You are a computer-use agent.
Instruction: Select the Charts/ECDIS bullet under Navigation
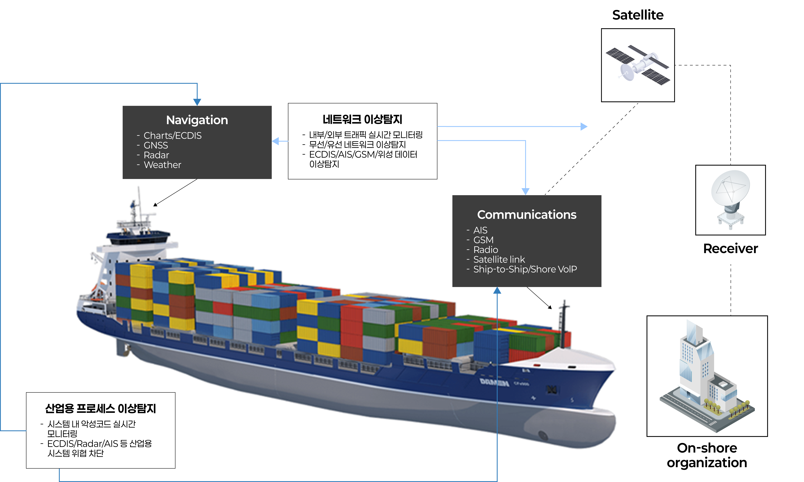tap(172, 135)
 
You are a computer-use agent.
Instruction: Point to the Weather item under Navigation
tap(162, 165)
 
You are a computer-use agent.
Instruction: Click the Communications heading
tap(527, 215)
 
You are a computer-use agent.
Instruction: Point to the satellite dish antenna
tap(731, 198)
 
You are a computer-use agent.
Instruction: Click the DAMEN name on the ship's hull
tap(494, 382)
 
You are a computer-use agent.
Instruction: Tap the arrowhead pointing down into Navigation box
tap(197, 102)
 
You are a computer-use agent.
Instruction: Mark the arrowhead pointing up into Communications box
tap(497, 290)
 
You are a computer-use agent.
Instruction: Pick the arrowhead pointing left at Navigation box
tap(275, 141)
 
